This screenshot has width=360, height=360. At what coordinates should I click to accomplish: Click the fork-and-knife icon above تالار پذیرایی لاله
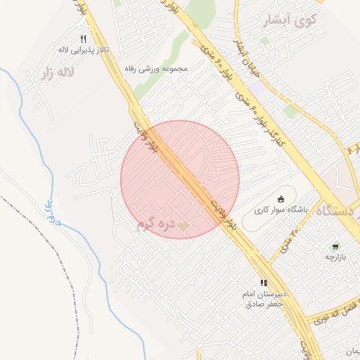tap(83, 38)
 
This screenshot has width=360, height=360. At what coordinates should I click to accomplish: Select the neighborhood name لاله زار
tap(58, 72)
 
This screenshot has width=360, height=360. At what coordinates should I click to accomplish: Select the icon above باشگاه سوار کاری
tap(281, 198)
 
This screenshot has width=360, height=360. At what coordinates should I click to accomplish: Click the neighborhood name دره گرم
tap(155, 225)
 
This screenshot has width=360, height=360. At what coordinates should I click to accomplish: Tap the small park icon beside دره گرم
tap(184, 226)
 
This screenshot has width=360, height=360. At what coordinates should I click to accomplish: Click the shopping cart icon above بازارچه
tap(335, 247)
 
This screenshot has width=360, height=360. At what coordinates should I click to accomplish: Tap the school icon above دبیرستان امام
tap(264, 283)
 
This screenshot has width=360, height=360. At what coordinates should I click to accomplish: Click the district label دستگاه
tap(338, 210)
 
